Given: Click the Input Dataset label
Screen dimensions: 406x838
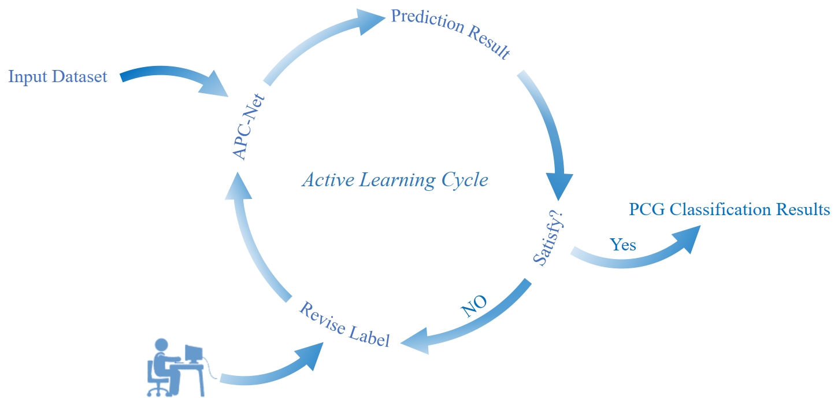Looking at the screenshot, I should coord(58,76).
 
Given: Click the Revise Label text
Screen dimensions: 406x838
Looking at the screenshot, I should coord(344,324).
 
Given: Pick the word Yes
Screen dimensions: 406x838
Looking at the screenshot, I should coord(623,245).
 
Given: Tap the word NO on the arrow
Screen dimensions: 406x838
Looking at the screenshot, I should coord(474,307).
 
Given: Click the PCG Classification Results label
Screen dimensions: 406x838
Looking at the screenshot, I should coord(729,209).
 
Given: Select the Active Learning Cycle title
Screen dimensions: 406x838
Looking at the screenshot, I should coord(395,180).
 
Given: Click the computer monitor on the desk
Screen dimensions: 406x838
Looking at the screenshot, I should coord(194,353).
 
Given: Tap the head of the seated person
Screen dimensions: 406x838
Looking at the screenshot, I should coord(161,345).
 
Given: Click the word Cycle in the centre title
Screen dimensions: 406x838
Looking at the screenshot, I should coord(465,180).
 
